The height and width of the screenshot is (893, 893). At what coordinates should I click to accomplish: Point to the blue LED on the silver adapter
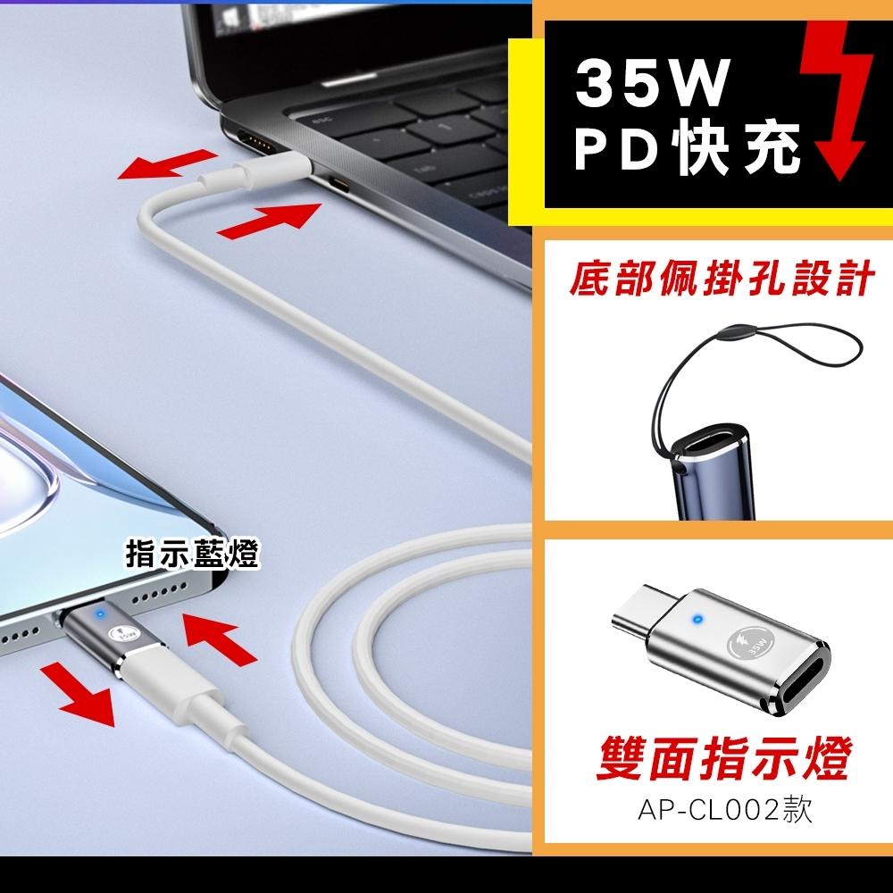(x=697, y=619)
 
